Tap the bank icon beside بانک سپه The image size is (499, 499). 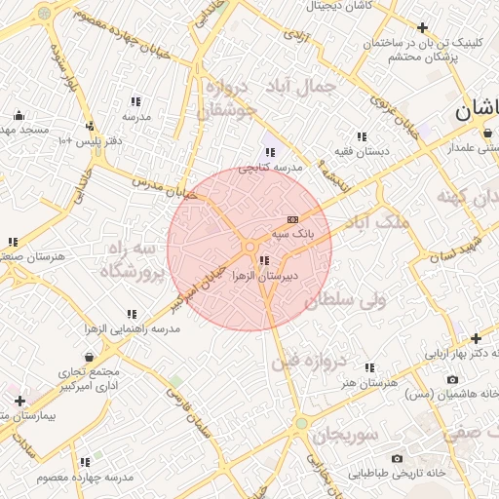click(293, 220)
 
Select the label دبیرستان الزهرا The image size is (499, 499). click(263, 277)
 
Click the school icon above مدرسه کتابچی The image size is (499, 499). click(270, 152)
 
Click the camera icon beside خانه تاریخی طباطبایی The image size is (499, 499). click(397, 458)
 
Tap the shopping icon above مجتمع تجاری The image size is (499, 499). click(89, 357)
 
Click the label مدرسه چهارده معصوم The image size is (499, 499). click(85, 478)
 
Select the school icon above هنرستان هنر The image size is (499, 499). click(369, 368)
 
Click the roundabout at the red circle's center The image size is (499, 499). click(249, 248)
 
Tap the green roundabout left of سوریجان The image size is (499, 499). click(302, 424)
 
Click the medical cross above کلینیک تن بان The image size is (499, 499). click(422, 27)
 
